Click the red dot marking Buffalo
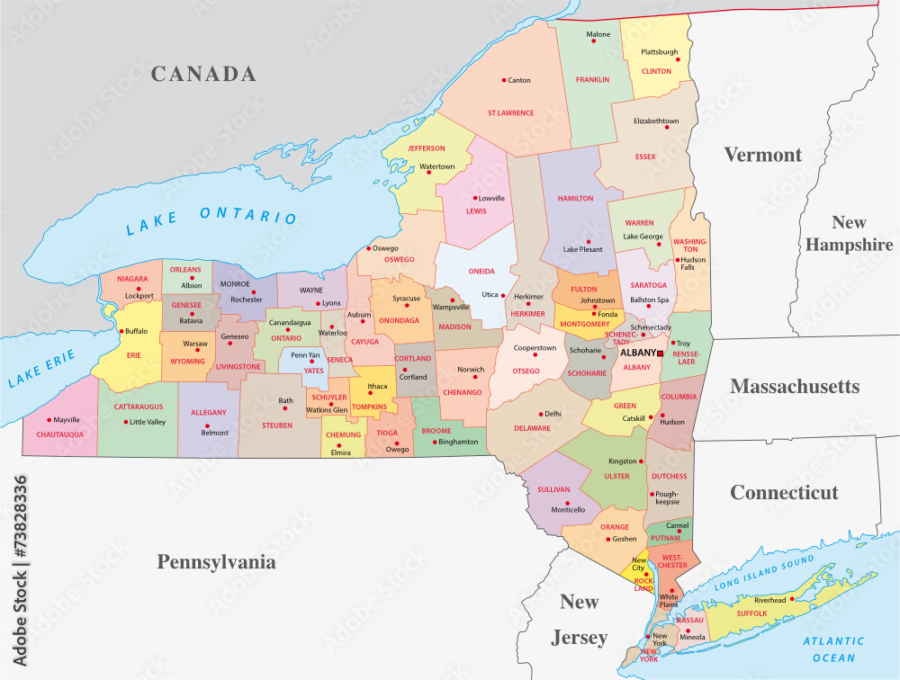pos(121,331)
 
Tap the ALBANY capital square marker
pos(661,353)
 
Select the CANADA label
pos(202,74)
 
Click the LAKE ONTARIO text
pos(211,219)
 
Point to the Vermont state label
pos(762,155)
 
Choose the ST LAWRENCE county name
pos(510,113)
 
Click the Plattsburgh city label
pos(659,52)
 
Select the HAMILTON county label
pos(575,198)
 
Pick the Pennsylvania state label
pos(216,562)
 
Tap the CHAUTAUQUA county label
pos(60,434)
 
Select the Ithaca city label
pos(377,386)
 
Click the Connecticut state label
pos(784,492)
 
